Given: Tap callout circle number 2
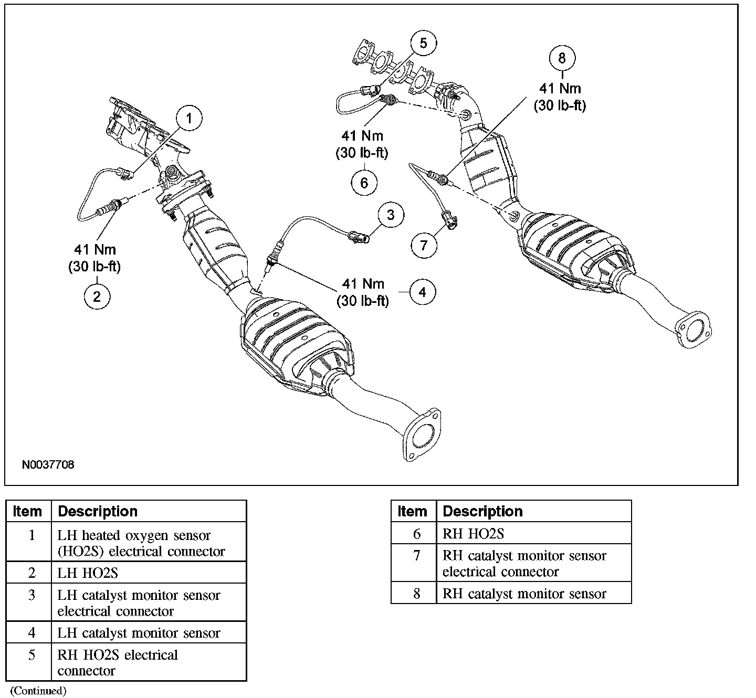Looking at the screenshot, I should click(97, 297).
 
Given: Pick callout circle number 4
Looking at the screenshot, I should click(423, 292).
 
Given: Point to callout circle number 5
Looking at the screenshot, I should click(423, 44).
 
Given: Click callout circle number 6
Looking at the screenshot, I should click(364, 183).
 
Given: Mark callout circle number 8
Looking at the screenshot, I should click(562, 58).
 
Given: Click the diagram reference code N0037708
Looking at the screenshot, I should click(48, 465).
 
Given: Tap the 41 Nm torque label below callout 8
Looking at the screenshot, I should click(560, 88).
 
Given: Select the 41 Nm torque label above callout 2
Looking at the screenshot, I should click(94, 250).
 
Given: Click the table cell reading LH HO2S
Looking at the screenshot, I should click(88, 573).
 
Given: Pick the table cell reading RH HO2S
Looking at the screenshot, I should click(473, 534).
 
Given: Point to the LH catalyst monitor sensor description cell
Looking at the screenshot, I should click(139, 633).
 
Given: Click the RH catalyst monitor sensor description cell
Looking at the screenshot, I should click(524, 594).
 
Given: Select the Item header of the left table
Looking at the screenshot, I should click(27, 511).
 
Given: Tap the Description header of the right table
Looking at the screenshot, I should click(482, 511).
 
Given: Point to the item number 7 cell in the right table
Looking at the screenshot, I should click(416, 556).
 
